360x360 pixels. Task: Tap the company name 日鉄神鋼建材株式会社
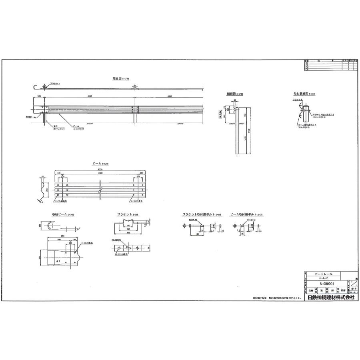coord(330,298)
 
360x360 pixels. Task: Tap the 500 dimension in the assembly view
coord(39,96)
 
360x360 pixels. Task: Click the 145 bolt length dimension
coord(198,234)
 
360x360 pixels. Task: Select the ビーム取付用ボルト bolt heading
coord(243,215)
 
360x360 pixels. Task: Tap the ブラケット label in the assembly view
coord(55,83)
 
